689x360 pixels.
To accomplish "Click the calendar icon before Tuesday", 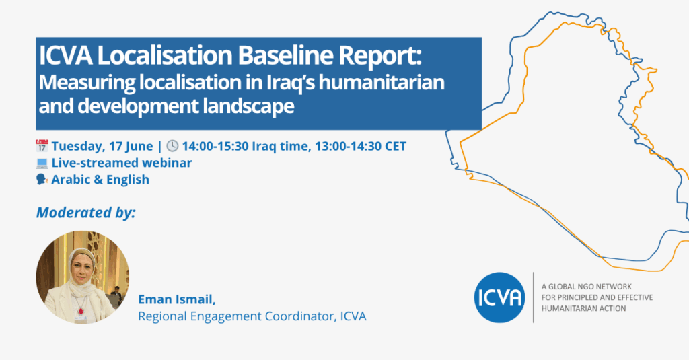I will [x=42, y=146].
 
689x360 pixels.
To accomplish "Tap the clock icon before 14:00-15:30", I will [x=172, y=146].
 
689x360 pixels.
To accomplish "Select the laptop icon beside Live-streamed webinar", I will [x=42, y=163].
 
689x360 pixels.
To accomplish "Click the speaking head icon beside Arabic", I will [x=42, y=180].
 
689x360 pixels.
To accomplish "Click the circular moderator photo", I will [x=82, y=277].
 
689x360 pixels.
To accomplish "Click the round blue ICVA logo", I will [x=499, y=297].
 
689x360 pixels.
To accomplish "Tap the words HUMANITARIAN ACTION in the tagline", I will [x=583, y=308].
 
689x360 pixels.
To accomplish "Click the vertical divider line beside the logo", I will [x=534, y=297].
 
